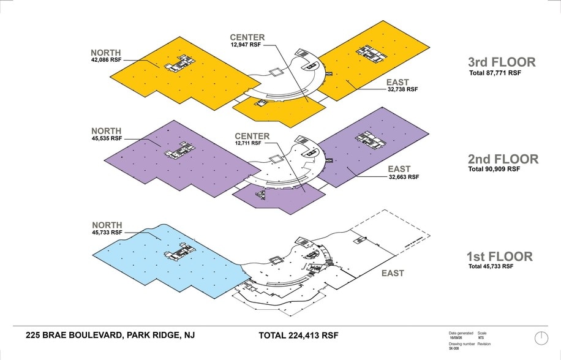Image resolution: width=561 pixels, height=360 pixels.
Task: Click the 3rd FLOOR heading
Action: pyautogui.click(x=501, y=62)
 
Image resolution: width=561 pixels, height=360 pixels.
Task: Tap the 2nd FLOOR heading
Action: pyautogui.click(x=502, y=159)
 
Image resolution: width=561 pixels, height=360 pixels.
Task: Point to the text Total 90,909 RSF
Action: pyautogui.click(x=494, y=169)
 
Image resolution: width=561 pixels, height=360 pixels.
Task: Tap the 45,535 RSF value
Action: pyautogui.click(x=106, y=138)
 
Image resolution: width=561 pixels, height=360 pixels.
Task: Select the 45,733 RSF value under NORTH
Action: pyautogui.click(x=106, y=233)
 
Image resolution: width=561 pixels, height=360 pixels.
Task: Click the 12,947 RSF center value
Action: pyautogui.click(x=247, y=45)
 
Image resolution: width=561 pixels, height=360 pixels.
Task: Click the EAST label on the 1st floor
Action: pyautogui.click(x=393, y=273)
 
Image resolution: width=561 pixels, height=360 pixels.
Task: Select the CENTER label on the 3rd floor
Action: pyautogui.click(x=247, y=37)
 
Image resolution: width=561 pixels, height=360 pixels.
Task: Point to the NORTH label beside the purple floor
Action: pyautogui.click(x=107, y=131)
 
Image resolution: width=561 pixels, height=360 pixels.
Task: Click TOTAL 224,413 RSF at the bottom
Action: pyautogui.click(x=299, y=336)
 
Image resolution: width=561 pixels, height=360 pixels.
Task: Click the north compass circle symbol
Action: pyautogui.click(x=541, y=337)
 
